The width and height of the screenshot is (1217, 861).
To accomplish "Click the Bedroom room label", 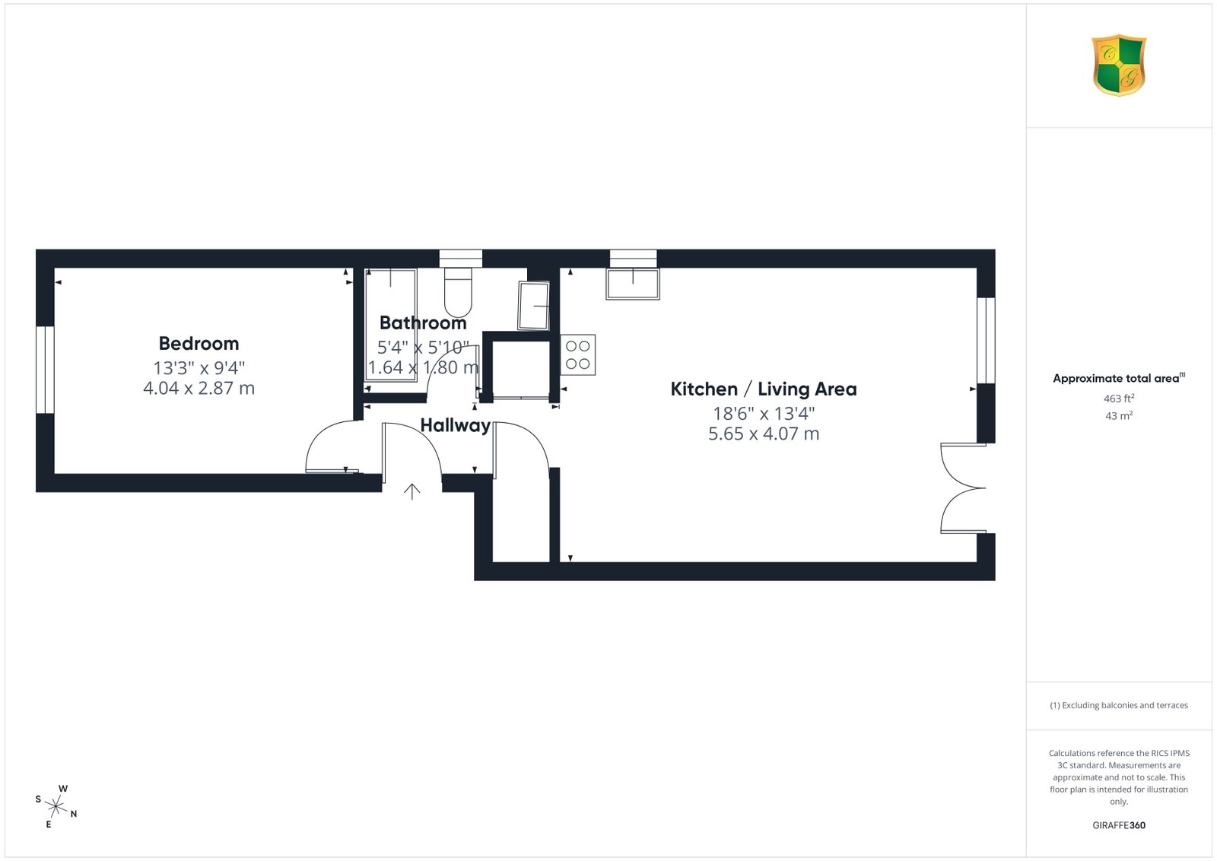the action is tap(199, 343).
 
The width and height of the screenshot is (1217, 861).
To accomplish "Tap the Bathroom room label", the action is tap(423, 322).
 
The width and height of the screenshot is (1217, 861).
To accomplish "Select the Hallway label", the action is tap(456, 425).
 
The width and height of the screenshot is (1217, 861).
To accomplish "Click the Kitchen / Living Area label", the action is tap(764, 389).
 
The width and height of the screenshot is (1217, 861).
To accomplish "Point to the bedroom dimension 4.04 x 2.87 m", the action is tap(199, 388).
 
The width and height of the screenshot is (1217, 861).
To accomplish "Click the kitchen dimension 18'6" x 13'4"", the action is tap(764, 414).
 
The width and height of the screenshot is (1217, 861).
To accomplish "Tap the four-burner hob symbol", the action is tap(577, 354).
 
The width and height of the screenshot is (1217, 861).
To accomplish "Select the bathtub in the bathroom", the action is tap(390, 325).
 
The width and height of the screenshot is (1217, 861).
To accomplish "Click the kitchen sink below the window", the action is tap(633, 284).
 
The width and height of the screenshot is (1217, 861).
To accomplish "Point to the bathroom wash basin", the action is tap(533, 305).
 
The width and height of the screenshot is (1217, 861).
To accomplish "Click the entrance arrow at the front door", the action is tap(411, 491).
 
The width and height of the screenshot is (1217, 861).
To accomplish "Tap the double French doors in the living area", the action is tap(964, 488).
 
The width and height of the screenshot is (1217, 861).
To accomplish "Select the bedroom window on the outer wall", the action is tap(45, 370).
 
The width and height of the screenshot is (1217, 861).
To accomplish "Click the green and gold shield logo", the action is tap(1119, 65).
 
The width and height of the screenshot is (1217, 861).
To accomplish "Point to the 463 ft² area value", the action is tap(1119, 399).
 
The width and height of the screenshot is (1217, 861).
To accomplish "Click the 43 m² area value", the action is tap(1119, 415).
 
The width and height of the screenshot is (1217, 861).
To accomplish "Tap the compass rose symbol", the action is tap(56, 807).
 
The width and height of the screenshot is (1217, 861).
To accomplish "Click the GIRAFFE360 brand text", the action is tap(1119, 825).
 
